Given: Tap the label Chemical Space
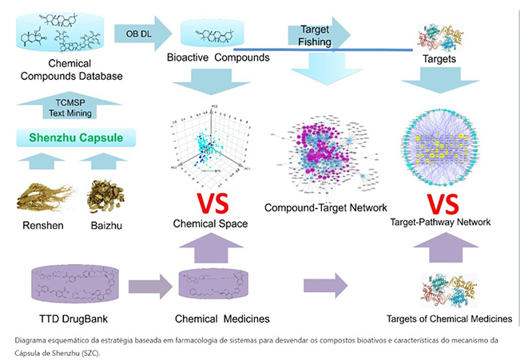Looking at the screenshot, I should (x=210, y=224).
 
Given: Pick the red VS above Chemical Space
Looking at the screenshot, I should (x=209, y=201).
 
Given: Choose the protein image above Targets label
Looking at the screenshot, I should (x=441, y=36).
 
